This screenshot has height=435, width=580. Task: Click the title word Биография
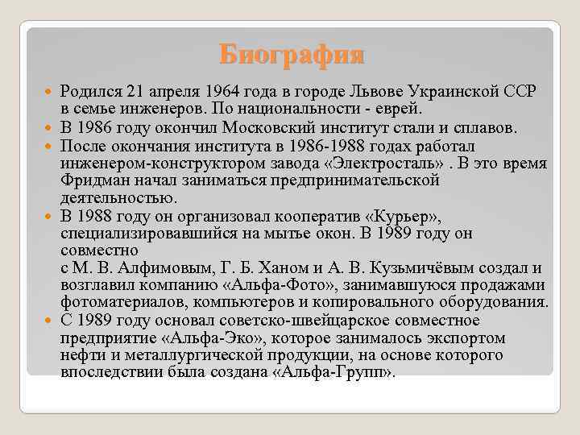pyautogui.click(x=291, y=55)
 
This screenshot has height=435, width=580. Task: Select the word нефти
pyautogui.click(x=80, y=356)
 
